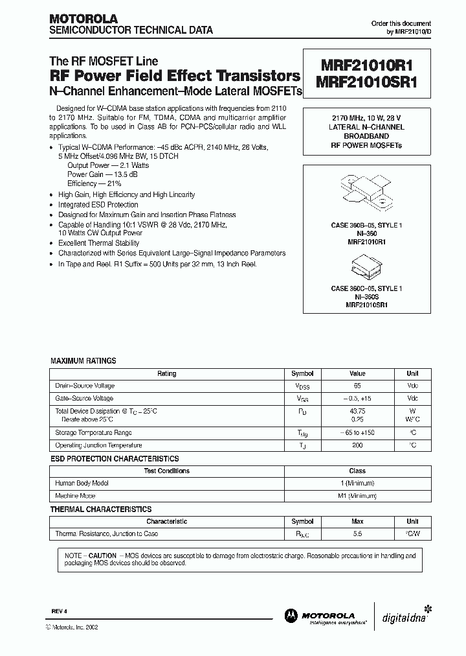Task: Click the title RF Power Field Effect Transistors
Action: (175, 75)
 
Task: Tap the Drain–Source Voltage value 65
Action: (357, 386)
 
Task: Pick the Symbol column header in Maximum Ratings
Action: (302, 373)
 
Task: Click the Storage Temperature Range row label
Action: (94, 433)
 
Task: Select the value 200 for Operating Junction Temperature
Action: (357, 445)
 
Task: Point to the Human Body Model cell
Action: (82, 483)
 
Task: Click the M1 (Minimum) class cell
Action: (357, 495)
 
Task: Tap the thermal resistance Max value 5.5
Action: (357, 533)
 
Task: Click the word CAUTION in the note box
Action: (102, 556)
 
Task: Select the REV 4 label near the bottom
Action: (59, 611)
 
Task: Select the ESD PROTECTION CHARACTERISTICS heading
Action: (115, 458)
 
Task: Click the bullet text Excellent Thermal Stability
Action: (99, 243)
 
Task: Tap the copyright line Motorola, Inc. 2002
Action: (74, 627)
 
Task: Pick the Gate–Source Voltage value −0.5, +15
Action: (357, 398)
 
